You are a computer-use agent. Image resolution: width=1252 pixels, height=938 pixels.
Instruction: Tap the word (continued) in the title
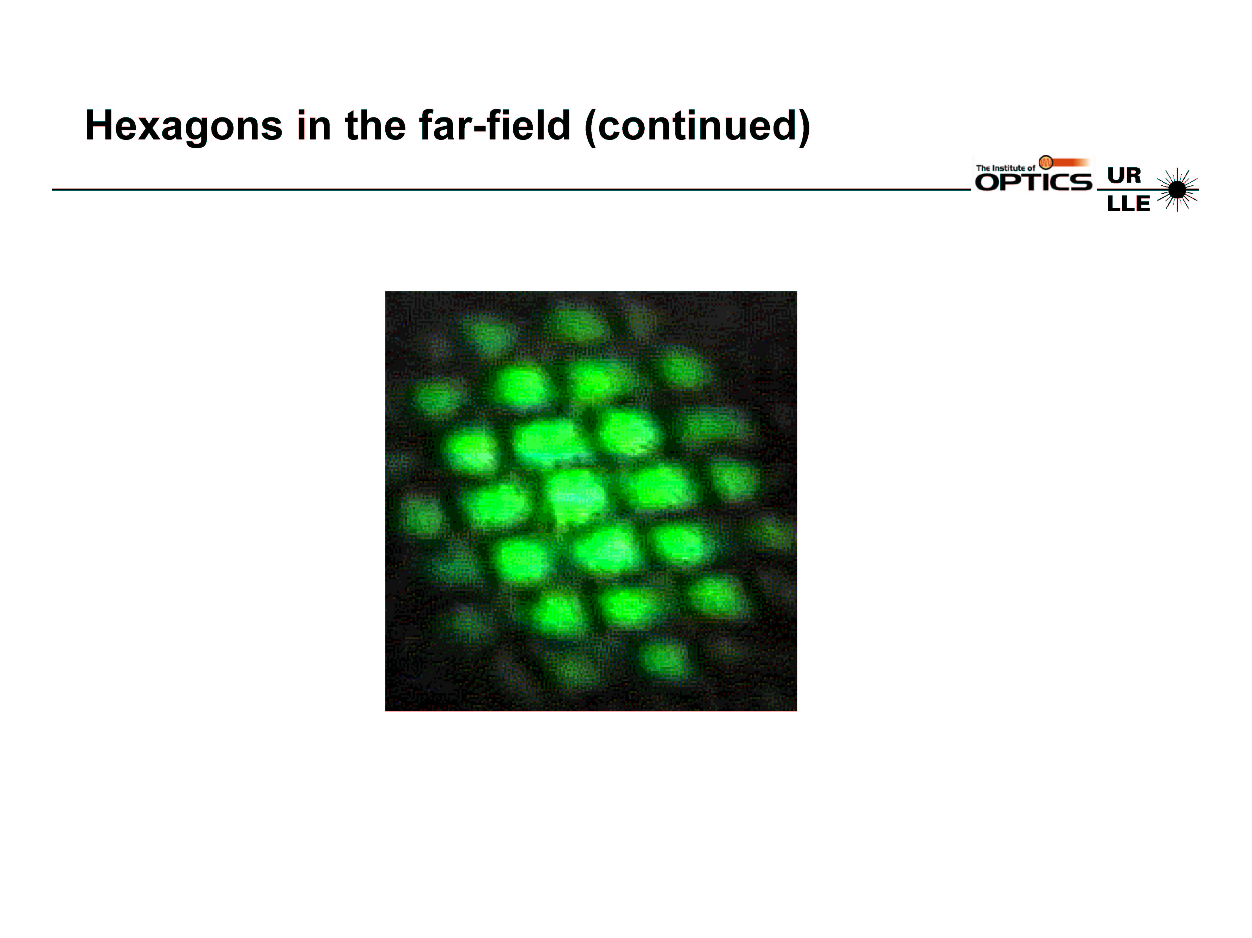tap(697, 127)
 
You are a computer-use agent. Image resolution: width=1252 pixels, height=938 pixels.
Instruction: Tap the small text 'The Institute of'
tap(1005, 167)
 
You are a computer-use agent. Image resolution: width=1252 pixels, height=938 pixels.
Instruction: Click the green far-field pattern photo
tap(591, 501)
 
